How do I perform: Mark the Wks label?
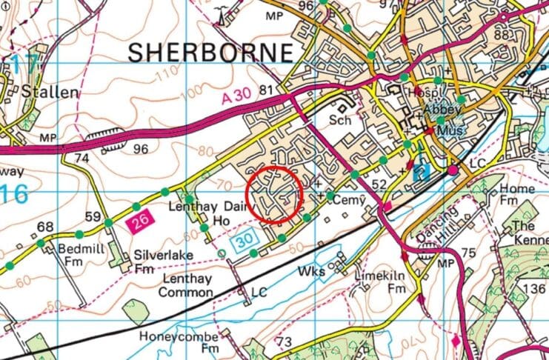[x=313, y=273]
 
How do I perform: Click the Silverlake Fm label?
[x=158, y=260]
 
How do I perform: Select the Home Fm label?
[x=517, y=195]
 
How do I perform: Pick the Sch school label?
[x=340, y=119]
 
